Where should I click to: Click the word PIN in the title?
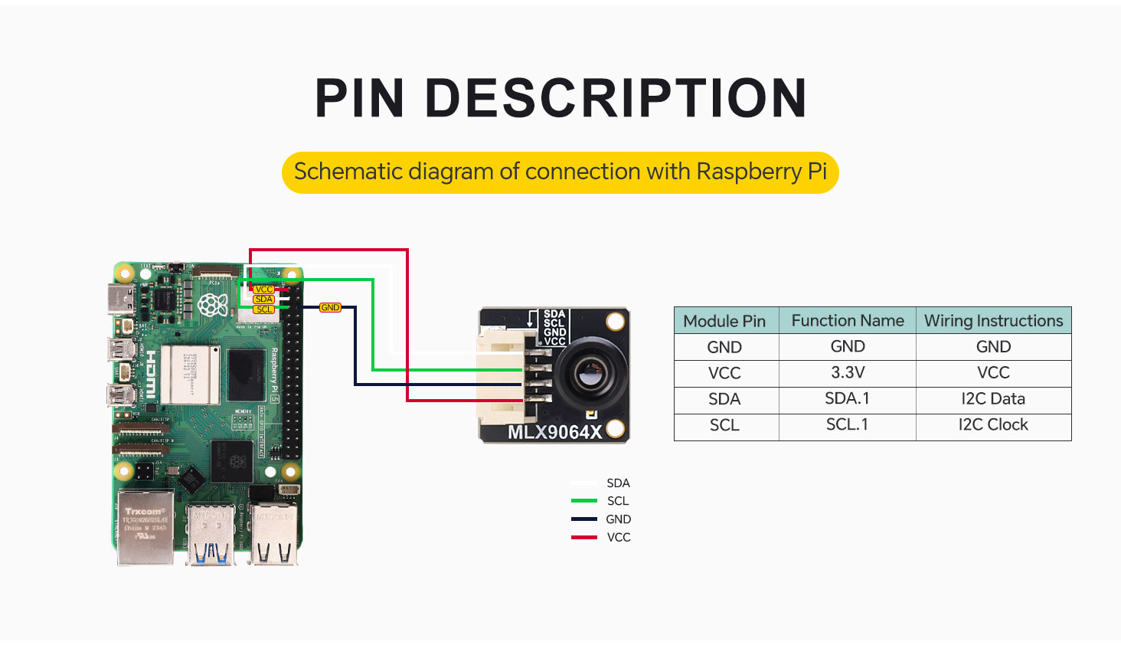359,98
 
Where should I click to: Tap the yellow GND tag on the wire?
330,307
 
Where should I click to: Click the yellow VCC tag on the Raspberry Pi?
264,290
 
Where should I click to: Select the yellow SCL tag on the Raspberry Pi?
264,309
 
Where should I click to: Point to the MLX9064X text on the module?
555,432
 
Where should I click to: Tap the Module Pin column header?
724,321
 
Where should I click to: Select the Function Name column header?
848,321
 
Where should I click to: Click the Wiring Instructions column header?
993,321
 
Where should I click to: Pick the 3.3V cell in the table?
848,373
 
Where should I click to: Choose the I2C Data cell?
993,399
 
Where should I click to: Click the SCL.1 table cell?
848,425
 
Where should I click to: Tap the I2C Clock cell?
993,425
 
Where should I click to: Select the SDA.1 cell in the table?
848,399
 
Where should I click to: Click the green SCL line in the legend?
584,501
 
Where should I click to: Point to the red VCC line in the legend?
584,538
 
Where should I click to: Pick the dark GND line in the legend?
584,519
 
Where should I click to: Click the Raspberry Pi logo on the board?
212,305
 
